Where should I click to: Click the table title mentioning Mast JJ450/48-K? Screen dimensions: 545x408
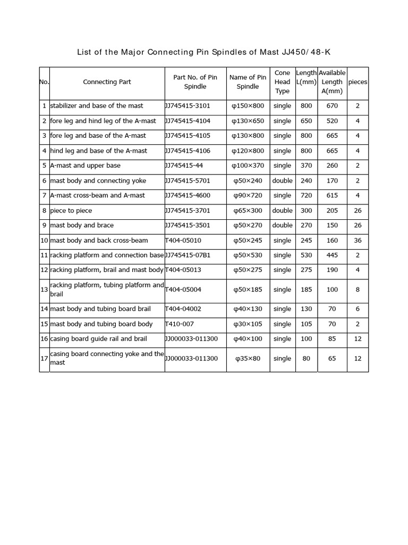(x=207, y=52)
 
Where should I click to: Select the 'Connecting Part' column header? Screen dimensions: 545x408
(x=107, y=82)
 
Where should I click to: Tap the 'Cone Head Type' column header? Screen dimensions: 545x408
(x=282, y=82)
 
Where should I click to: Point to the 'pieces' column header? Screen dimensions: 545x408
(x=358, y=82)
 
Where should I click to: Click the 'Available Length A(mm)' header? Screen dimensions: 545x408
(x=332, y=82)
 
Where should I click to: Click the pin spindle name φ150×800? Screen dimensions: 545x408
(x=248, y=106)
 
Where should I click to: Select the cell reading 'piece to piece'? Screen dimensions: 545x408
(x=72, y=211)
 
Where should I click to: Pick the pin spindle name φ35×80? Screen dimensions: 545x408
(x=248, y=359)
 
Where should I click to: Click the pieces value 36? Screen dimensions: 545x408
(x=358, y=241)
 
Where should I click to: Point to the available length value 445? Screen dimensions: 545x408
(x=332, y=255)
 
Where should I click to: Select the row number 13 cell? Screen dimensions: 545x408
(x=44, y=290)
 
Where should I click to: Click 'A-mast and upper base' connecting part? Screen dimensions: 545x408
(x=85, y=166)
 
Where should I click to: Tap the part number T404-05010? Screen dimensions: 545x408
(x=183, y=241)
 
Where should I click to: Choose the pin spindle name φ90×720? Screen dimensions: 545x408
(x=248, y=195)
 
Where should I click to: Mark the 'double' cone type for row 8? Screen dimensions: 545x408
(x=282, y=211)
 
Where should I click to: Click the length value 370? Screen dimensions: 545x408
(x=307, y=166)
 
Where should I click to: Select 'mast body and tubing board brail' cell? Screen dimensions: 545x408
(x=100, y=309)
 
